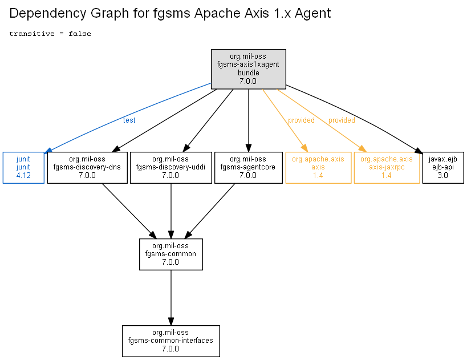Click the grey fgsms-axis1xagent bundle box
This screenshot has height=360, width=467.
[x=249, y=69]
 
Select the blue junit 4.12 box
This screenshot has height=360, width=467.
[x=23, y=168]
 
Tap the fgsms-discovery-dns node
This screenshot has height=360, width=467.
[x=87, y=168]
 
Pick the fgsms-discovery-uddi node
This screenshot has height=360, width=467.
[x=171, y=168]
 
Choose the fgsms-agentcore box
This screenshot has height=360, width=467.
[x=249, y=168]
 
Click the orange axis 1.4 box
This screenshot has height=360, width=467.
[x=318, y=168]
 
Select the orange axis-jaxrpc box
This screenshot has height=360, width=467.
[x=387, y=168]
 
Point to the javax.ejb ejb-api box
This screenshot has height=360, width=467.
[x=443, y=168]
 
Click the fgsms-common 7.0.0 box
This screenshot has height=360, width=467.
[x=171, y=254]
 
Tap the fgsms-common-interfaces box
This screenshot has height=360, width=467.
[x=171, y=341]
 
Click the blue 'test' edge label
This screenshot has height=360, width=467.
[x=129, y=120]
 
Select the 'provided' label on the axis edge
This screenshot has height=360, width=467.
[x=301, y=120]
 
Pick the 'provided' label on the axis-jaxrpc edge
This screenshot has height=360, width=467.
[x=342, y=120]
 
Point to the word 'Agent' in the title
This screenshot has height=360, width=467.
[x=312, y=14]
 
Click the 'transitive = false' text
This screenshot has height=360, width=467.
[x=50, y=34]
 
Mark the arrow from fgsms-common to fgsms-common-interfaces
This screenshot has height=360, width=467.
[x=171, y=298]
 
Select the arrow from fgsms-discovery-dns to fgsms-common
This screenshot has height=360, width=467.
[x=129, y=211]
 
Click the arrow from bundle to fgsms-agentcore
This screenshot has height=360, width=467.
[x=249, y=120]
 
